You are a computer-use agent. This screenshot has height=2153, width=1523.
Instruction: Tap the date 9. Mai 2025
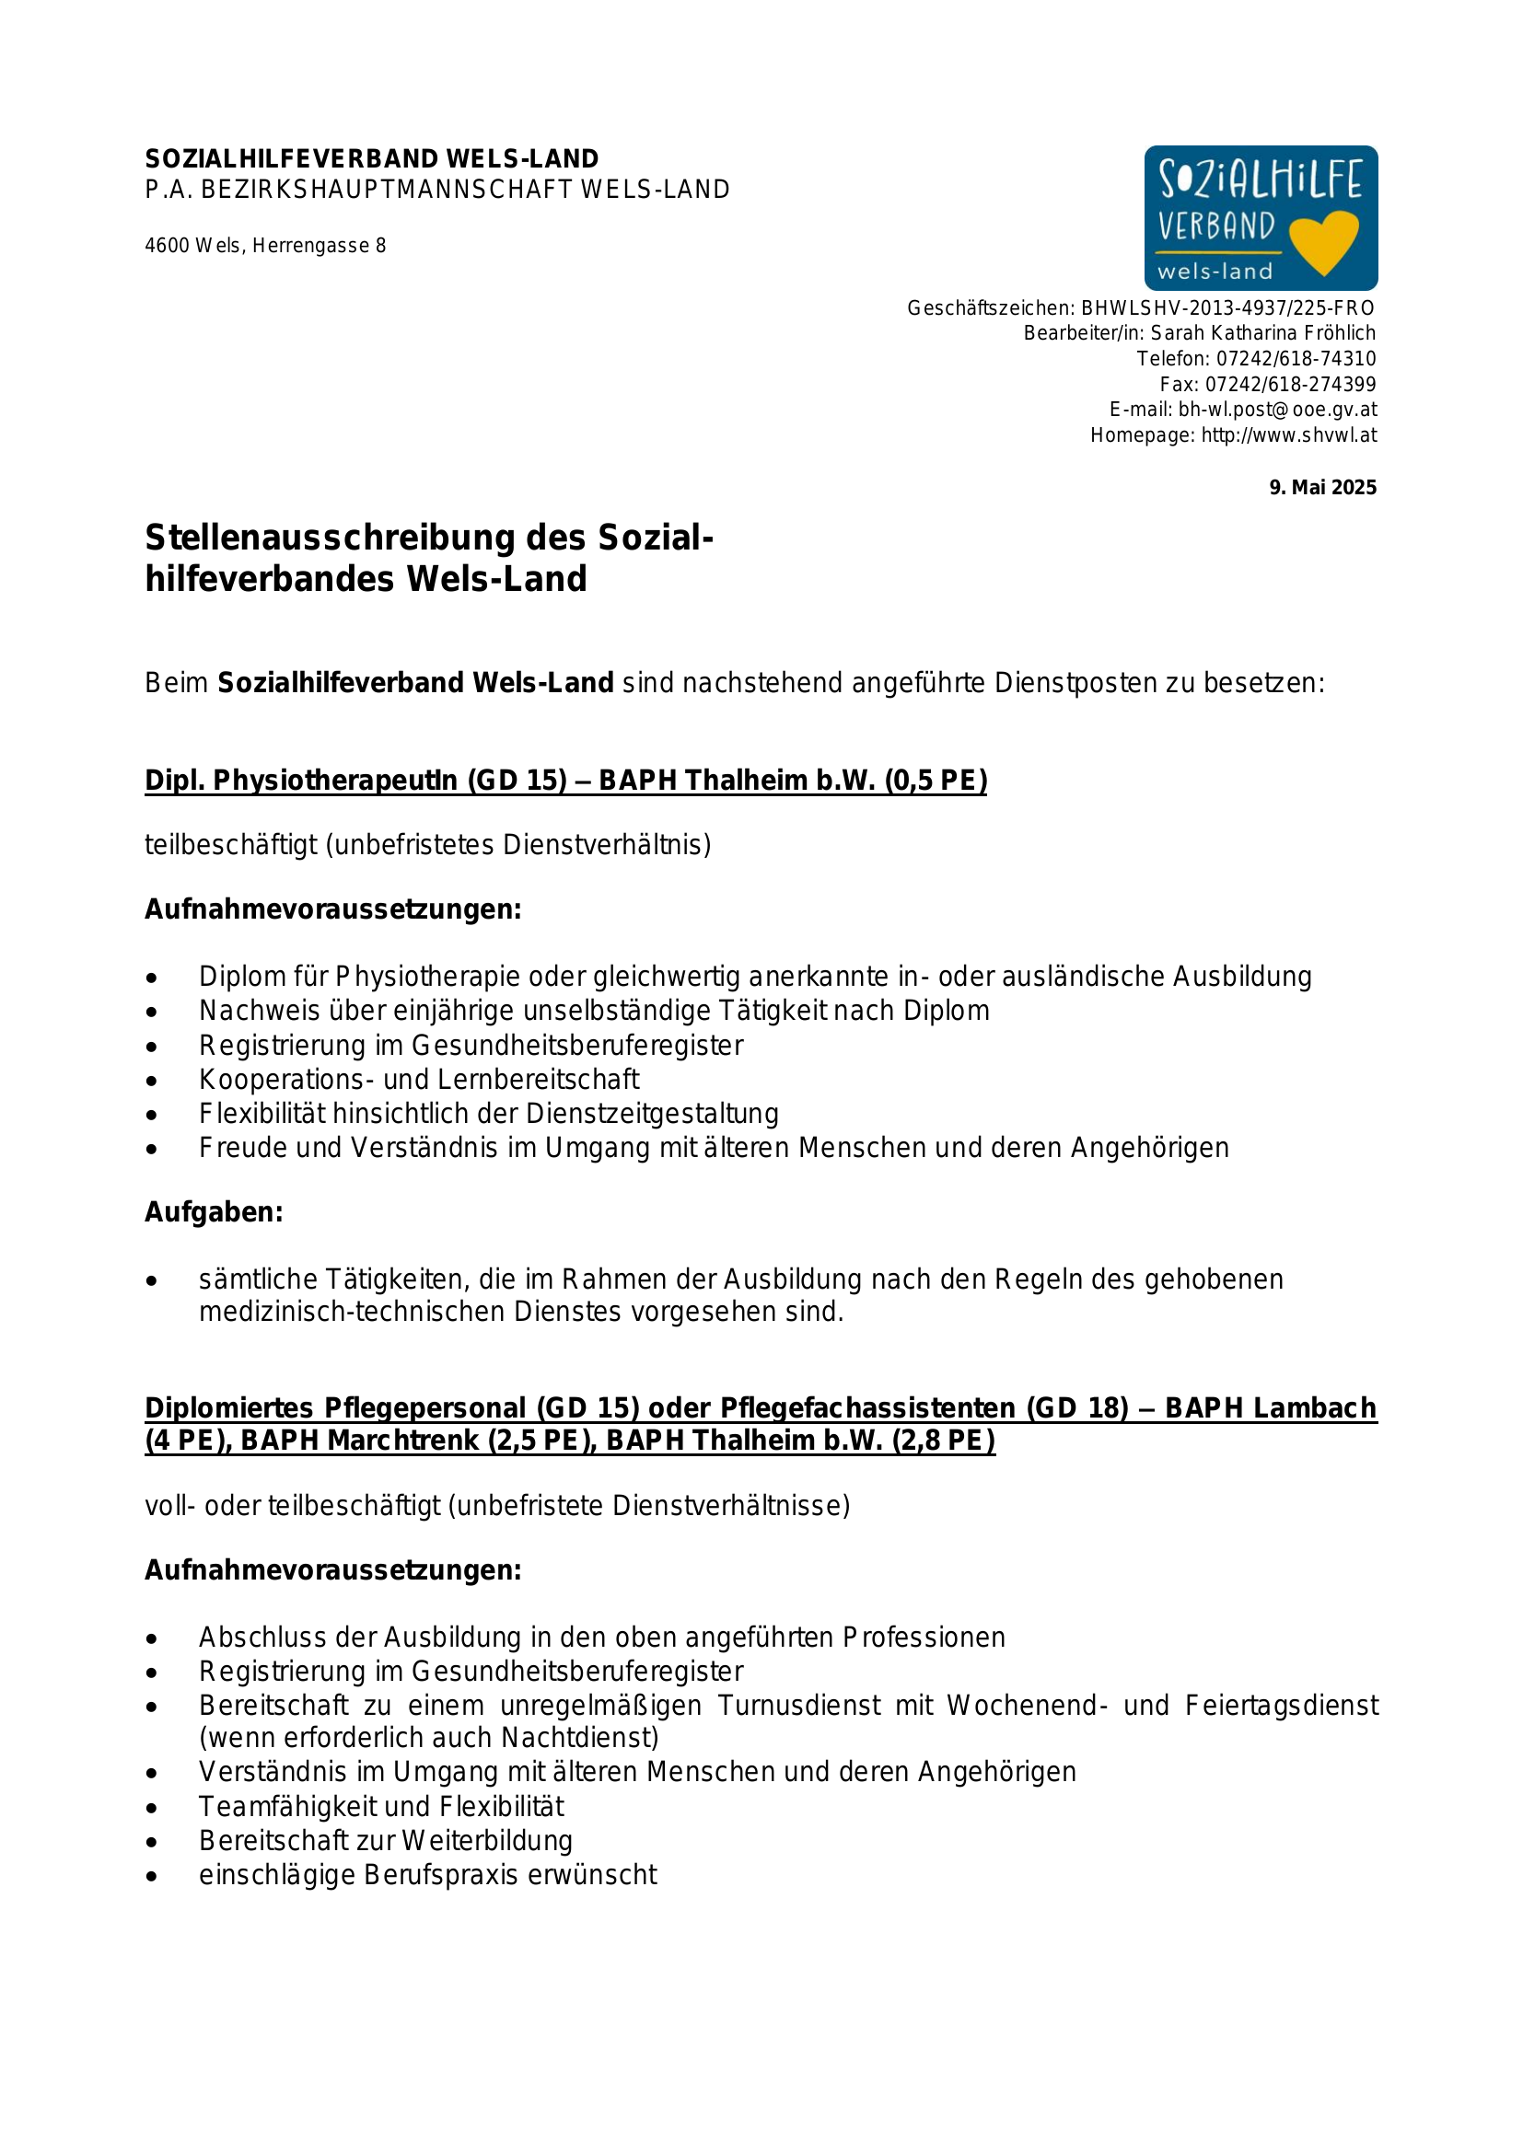[1322, 488]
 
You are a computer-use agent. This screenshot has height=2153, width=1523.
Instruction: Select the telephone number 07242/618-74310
[1296, 358]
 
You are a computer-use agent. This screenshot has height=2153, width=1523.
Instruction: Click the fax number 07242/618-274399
[1290, 385]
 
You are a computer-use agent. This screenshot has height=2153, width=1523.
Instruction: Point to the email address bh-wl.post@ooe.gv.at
[1277, 410]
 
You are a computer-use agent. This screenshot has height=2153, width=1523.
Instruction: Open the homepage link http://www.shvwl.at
[1288, 435]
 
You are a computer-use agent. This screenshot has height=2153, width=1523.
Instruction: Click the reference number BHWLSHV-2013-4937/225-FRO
[1227, 307]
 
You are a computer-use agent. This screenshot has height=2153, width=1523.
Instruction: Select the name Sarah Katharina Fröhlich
[1262, 333]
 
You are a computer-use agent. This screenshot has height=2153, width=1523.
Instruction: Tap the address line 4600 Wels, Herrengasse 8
[265, 246]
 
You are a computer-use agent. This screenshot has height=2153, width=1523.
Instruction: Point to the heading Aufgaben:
[214, 1212]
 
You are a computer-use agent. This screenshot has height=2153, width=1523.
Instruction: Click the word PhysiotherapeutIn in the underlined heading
[336, 781]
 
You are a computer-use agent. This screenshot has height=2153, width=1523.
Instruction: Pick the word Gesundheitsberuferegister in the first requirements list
[576, 1046]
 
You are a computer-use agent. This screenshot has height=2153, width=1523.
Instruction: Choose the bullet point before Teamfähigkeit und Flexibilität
[152, 1808]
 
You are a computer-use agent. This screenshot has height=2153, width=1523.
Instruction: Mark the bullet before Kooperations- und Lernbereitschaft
[152, 1081]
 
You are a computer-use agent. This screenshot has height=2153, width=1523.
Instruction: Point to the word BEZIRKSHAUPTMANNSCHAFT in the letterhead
[387, 190]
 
